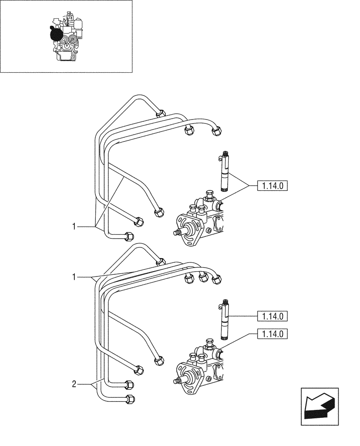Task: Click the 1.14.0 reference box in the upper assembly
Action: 273,185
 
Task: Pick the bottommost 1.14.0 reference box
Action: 273,334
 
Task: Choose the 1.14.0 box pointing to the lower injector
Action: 273,317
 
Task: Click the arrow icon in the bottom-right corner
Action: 319,404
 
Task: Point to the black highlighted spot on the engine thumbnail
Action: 57,34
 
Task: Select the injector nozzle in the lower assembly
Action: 225,322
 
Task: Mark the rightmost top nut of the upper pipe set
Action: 217,131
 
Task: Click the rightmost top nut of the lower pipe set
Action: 217,279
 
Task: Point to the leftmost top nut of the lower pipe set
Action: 161,262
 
